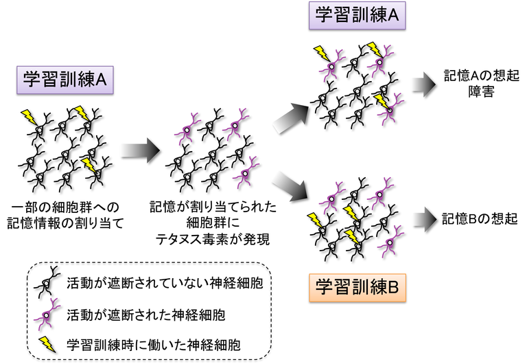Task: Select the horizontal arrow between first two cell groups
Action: pos(139,150)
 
